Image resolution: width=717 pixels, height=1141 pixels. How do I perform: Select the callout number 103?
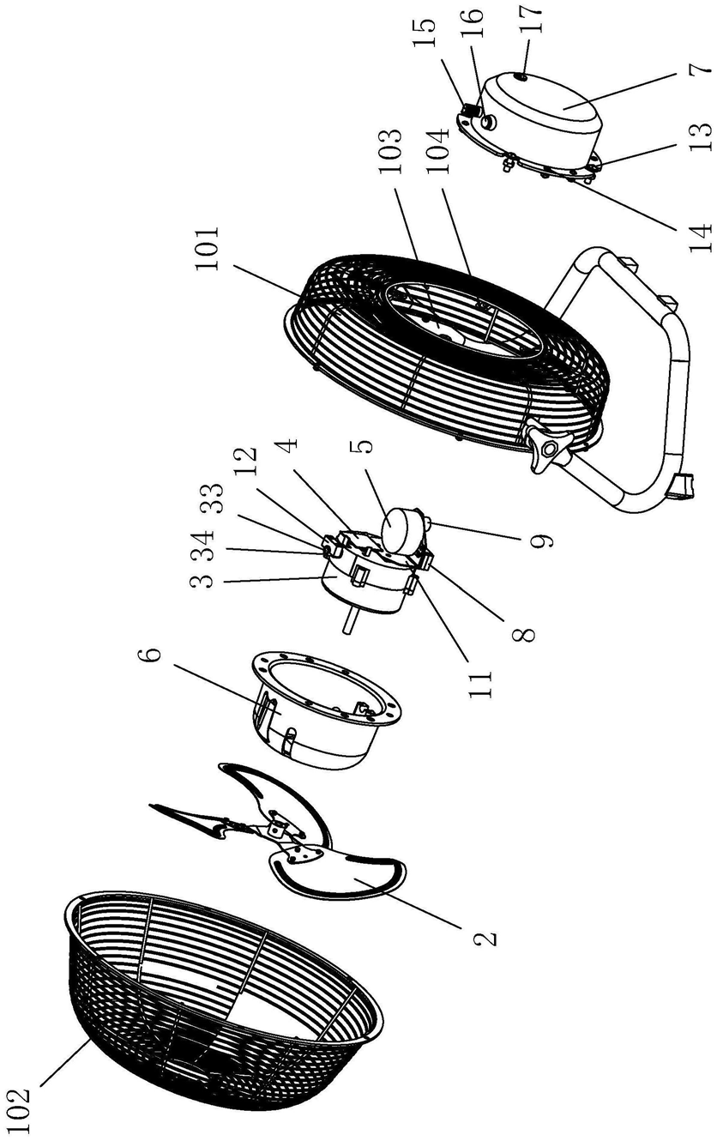tap(389, 151)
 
